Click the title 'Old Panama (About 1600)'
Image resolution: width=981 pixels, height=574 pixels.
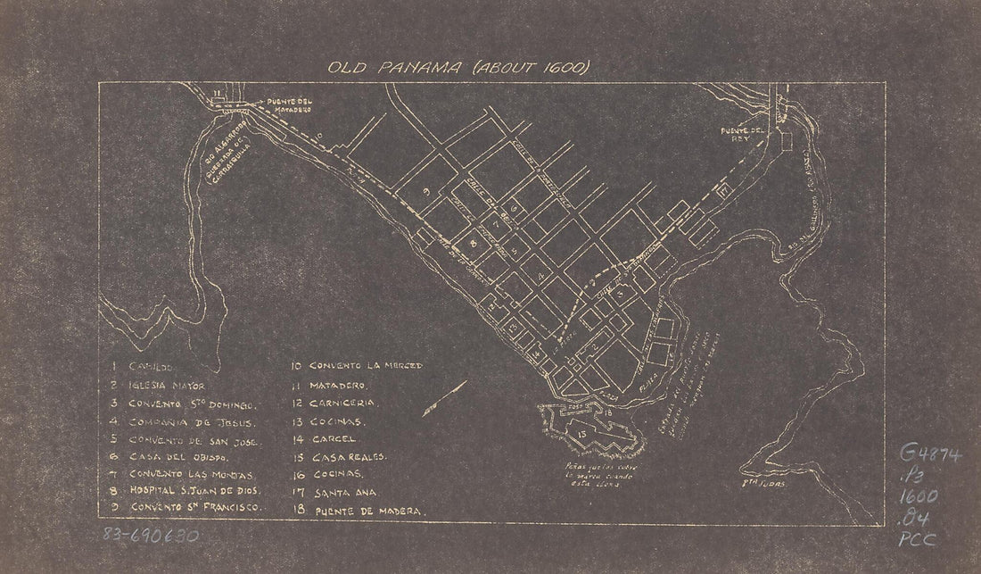[460, 68]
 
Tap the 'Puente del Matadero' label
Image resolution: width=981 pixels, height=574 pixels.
[288, 107]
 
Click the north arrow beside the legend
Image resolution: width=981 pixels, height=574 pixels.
[446, 397]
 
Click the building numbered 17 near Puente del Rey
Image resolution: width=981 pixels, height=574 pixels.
[723, 190]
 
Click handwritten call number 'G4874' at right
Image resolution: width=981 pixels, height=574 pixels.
[932, 456]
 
